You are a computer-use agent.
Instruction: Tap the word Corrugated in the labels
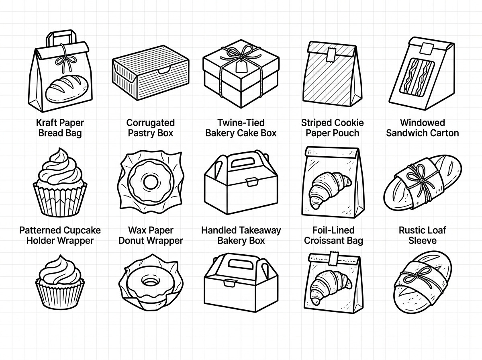pyautogui.click(x=150, y=123)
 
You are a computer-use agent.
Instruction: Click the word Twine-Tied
pyautogui.click(x=241, y=123)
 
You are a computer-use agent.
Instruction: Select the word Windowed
pyautogui.click(x=423, y=123)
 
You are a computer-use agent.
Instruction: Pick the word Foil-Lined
pyautogui.click(x=333, y=230)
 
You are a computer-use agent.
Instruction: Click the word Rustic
pyautogui.click(x=410, y=230)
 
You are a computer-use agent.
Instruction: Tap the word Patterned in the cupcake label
pyautogui.click(x=39, y=230)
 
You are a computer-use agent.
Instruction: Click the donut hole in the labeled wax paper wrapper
pyautogui.click(x=151, y=182)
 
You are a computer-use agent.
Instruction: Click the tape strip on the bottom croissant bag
pyautogui.click(x=334, y=258)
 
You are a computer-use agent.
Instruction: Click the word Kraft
pyautogui.click(x=46, y=123)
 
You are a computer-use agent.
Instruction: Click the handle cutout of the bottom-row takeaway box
pyautogui.click(x=239, y=263)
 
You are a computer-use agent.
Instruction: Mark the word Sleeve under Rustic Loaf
pyautogui.click(x=422, y=241)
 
